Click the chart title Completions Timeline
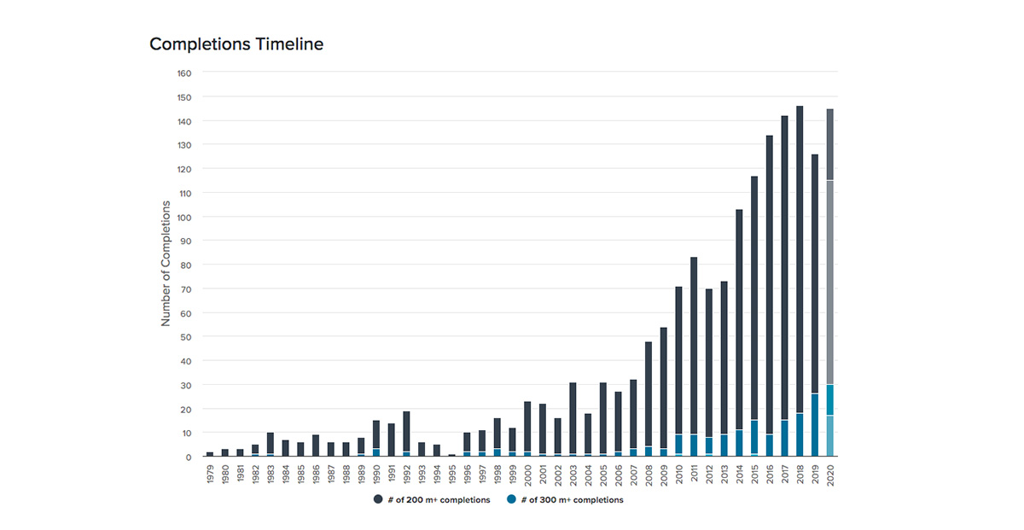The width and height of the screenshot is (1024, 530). pyautogui.click(x=236, y=44)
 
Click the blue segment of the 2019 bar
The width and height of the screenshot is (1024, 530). pyautogui.click(x=815, y=425)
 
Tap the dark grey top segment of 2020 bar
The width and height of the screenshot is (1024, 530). pyautogui.click(x=830, y=144)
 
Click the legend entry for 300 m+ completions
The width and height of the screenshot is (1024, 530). pyautogui.click(x=565, y=500)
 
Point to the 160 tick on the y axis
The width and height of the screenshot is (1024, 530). pyautogui.click(x=183, y=73)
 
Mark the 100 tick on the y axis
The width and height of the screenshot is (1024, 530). pyautogui.click(x=183, y=218)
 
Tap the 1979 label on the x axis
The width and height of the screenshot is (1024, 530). pyautogui.click(x=210, y=475)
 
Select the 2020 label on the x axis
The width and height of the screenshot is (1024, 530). pyautogui.click(x=830, y=475)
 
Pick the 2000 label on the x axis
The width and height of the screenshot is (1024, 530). pyautogui.click(x=527, y=475)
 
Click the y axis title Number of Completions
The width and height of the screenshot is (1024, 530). pyautogui.click(x=166, y=264)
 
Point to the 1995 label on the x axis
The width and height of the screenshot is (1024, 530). pyautogui.click(x=452, y=475)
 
